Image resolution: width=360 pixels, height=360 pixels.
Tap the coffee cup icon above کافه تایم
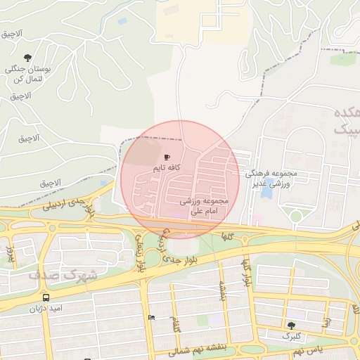click(167, 157)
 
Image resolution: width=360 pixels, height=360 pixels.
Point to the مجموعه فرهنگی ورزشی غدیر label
click(271, 177)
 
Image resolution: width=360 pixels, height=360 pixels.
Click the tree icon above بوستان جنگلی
click(27, 58)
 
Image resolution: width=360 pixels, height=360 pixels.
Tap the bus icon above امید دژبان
click(46, 296)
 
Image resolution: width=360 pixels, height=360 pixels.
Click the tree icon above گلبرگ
click(291, 326)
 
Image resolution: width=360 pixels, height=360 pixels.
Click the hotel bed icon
click(151, 317)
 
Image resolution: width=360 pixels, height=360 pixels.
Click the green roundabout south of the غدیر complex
click(297, 216)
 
